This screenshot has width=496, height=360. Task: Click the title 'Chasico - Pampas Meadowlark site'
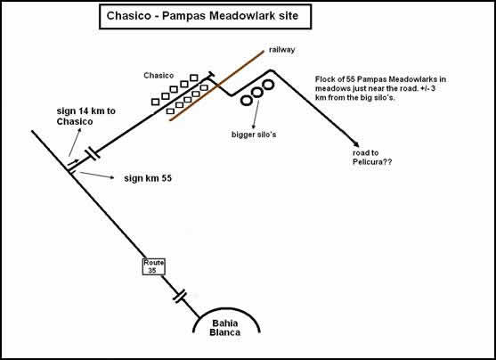pos(202,16)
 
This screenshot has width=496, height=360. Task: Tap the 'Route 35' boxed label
pos(154,266)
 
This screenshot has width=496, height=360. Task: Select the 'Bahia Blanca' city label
pos(225,328)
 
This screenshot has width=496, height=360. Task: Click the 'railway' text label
pos(282,50)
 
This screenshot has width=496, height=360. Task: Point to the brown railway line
pos(216,86)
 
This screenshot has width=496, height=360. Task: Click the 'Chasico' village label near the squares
pos(159,76)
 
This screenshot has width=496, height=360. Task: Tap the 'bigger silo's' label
pos(254,135)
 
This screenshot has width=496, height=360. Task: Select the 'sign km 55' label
pos(148,178)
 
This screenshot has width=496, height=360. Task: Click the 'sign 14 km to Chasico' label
pos(86,116)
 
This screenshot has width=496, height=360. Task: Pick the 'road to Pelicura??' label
pos(372,158)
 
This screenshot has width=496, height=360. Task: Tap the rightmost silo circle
pos(268,85)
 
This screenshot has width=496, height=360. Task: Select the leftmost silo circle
pos(247,101)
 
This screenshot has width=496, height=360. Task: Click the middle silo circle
pos(257,92)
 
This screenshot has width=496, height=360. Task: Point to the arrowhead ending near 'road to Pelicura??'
pos(356,144)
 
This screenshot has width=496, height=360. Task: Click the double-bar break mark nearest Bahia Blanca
pos(180,297)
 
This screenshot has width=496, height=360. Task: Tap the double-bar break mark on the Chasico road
pos(93,154)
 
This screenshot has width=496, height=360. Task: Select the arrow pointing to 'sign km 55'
pos(97,175)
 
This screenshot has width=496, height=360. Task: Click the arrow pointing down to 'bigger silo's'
pos(256,114)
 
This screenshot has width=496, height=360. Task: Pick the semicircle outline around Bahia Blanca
pos(226,309)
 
